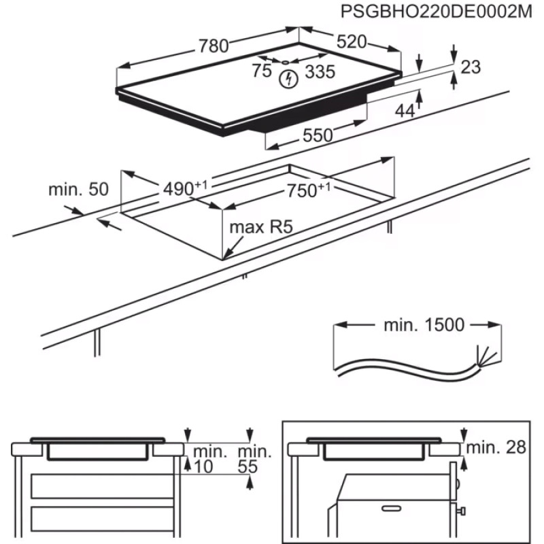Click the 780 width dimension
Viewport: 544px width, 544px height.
[213, 46]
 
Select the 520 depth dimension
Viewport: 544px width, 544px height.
[352, 41]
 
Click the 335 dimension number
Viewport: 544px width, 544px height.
[319, 71]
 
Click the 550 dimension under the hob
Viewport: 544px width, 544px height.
[318, 135]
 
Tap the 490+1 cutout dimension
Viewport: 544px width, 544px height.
[184, 188]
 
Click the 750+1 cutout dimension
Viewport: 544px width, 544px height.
[307, 190]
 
